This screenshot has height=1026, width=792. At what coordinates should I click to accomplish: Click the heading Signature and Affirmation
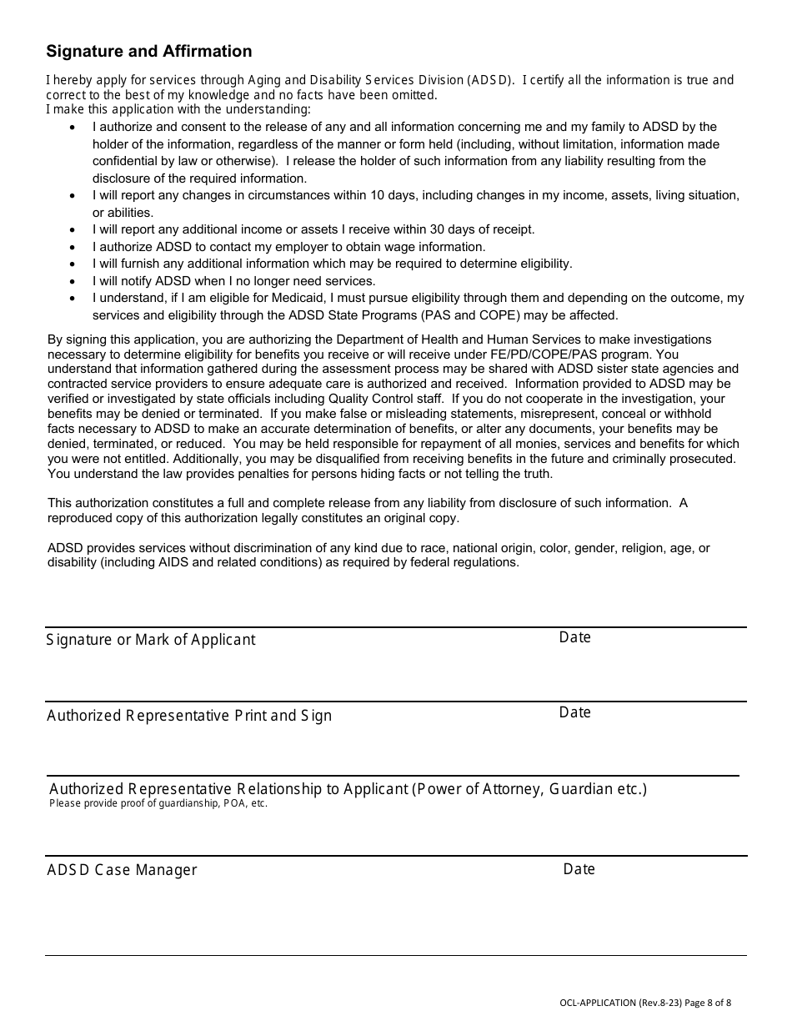[148, 52]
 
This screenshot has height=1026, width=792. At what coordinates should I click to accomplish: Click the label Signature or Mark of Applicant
[151, 640]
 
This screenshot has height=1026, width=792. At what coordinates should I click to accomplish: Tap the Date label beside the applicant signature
[574, 637]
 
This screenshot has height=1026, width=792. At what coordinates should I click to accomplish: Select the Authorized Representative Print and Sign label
[189, 716]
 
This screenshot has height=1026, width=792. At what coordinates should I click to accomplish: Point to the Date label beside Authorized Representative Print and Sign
[574, 712]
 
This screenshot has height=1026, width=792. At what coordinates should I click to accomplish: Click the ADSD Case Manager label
[122, 870]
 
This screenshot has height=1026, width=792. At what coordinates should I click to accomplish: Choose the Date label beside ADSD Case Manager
[579, 869]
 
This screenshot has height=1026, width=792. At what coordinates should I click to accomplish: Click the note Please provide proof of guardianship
[158, 804]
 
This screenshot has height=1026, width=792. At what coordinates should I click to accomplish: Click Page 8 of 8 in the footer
[709, 1003]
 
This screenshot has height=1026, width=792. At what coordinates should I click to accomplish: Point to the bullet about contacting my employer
[288, 247]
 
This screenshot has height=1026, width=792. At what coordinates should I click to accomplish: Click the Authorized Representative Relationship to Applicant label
[348, 789]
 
